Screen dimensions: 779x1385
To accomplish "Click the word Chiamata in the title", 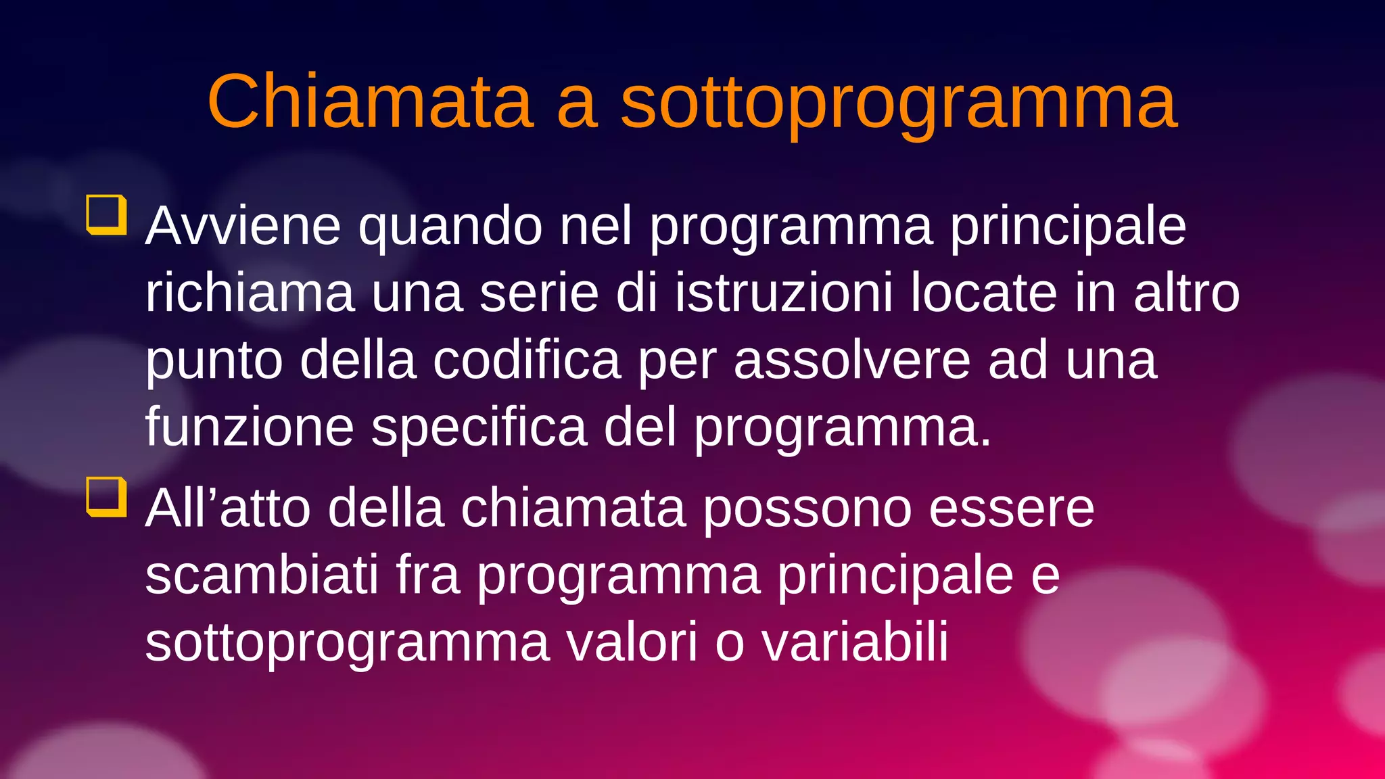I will (x=371, y=101).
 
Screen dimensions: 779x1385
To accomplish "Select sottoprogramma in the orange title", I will (x=899, y=103).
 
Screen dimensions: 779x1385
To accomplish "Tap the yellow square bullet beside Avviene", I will (x=107, y=214).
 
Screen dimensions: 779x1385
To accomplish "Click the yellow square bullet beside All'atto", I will (x=107, y=496).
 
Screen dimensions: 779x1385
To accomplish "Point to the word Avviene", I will (x=243, y=226).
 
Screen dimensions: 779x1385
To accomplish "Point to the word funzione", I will (x=250, y=427).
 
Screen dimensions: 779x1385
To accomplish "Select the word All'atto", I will (x=228, y=508).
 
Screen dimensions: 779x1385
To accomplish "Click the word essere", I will (x=1012, y=508).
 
